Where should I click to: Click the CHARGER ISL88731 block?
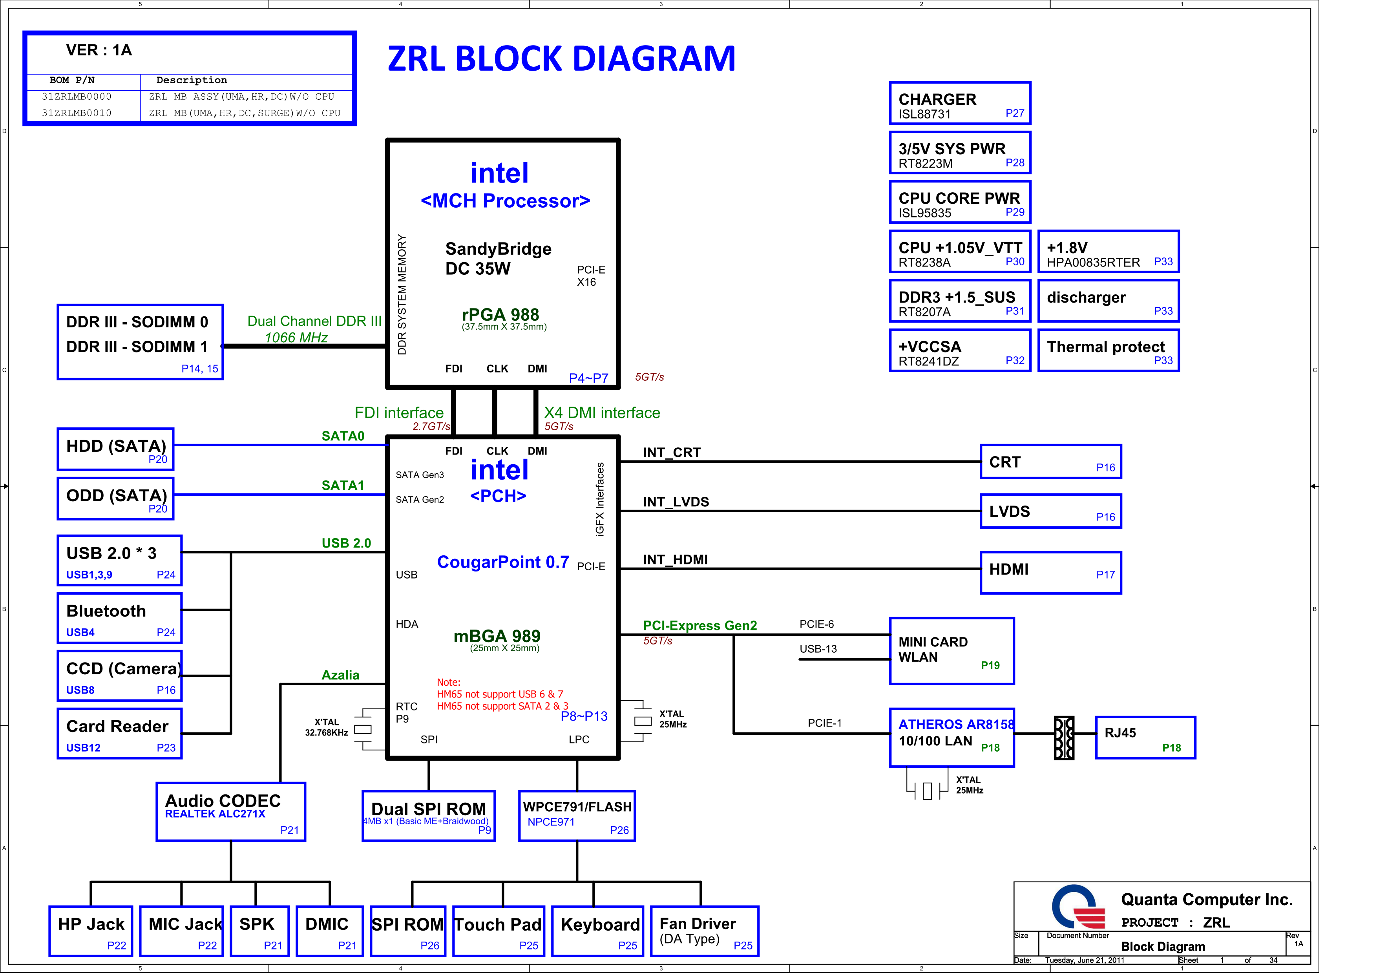(x=960, y=103)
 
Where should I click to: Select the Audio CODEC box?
(x=231, y=812)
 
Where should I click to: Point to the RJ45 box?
(x=1145, y=738)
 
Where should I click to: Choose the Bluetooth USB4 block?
(x=119, y=618)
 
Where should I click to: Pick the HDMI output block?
(x=1050, y=573)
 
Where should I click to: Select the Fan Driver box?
(x=704, y=931)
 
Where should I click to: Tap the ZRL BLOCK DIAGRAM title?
(x=561, y=59)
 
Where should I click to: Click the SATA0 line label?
(x=343, y=436)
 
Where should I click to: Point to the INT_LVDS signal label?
(x=676, y=502)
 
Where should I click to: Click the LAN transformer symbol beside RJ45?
(x=1064, y=738)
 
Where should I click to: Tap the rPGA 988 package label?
(x=500, y=315)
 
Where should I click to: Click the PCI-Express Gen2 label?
(x=699, y=625)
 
